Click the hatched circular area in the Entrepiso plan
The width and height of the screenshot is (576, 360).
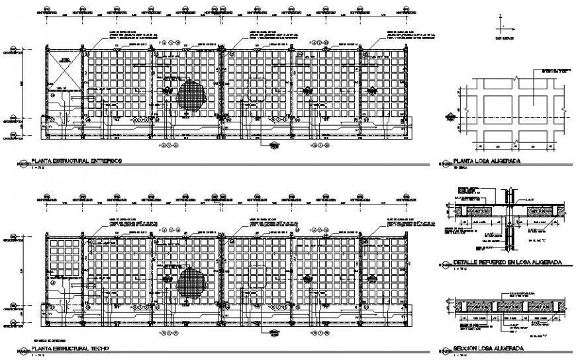[x=191, y=93]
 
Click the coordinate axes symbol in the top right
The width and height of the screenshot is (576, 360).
[x=501, y=26]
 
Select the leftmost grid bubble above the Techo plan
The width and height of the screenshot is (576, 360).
[x=46, y=197]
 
